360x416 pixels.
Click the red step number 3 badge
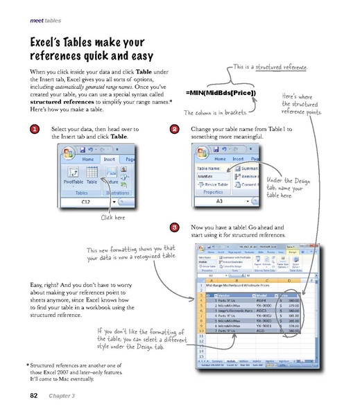[x=174, y=227]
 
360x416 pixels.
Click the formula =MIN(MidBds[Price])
[x=221, y=92]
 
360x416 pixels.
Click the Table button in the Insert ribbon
[x=92, y=177]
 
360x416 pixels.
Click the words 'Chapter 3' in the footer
[x=62, y=397]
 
